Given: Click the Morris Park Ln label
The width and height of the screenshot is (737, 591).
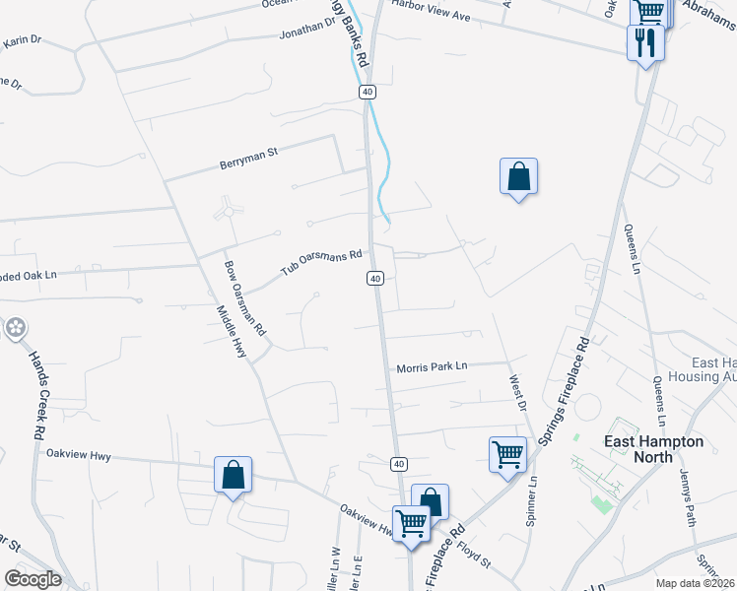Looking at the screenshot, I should (x=432, y=367).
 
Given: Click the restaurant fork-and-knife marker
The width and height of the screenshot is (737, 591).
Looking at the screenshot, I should (x=646, y=41).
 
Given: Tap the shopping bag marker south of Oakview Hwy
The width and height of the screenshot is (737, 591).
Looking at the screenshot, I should (x=233, y=475).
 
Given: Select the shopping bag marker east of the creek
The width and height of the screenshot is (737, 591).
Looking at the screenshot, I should (x=518, y=177).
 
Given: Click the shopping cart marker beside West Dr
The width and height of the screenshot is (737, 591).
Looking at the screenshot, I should (x=507, y=455).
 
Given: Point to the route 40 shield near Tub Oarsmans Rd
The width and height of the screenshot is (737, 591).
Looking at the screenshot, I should (x=375, y=279).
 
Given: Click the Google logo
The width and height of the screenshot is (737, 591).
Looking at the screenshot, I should (x=33, y=579).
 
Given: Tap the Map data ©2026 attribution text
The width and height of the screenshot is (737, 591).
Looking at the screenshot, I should (x=696, y=583).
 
